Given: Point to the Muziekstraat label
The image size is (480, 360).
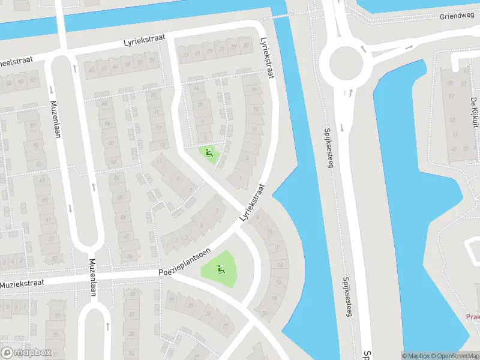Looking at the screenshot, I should tap(25, 283).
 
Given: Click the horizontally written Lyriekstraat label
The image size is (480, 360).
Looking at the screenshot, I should tap(143, 44).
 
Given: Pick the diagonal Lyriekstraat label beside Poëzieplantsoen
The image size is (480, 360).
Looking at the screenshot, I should tap(252, 205).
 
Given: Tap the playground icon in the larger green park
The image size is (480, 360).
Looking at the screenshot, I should tap(220, 270).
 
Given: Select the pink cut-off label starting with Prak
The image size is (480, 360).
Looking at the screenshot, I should tap(473, 316).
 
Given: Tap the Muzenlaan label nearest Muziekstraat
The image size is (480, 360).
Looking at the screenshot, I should tap(92, 277).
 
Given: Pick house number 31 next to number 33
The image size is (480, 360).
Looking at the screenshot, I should tap(197, 52).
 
